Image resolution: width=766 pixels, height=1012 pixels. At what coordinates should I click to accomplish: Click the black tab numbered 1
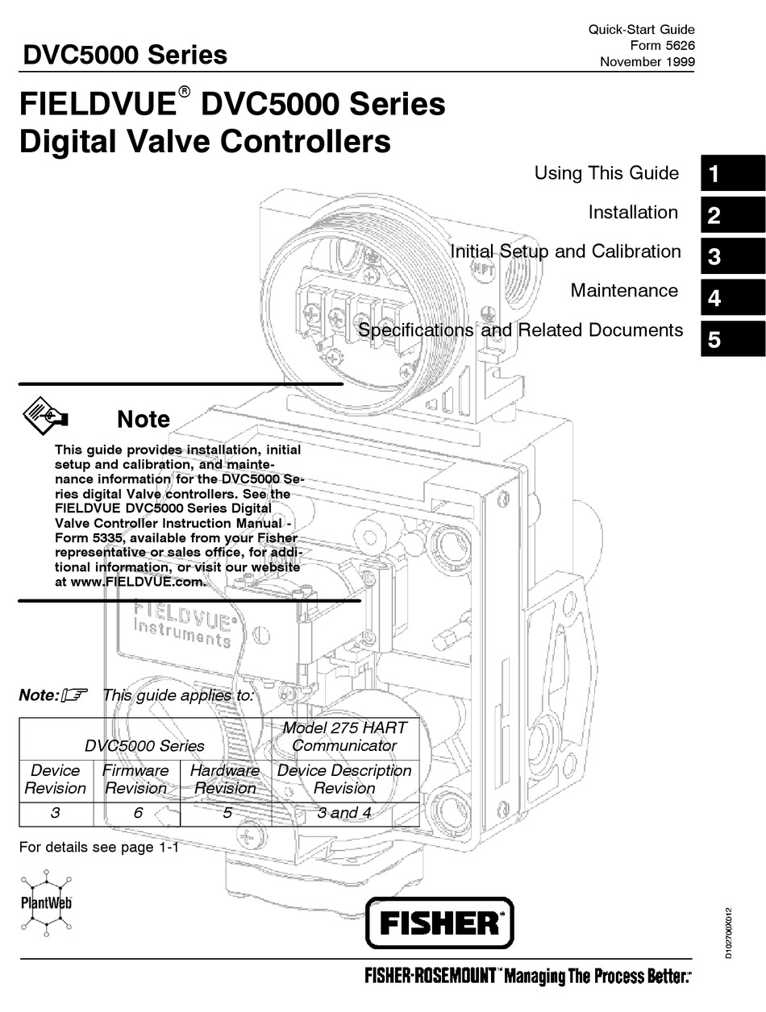coord(732,174)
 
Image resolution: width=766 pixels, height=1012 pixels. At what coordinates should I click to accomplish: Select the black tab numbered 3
coord(732,257)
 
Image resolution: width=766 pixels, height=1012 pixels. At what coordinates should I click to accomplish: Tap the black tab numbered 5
coord(732,339)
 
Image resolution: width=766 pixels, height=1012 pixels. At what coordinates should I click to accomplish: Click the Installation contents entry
coord(633,213)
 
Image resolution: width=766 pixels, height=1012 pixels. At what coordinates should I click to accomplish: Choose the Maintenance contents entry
coord(623,290)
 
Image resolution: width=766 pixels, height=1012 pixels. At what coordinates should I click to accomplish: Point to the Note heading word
coord(144,419)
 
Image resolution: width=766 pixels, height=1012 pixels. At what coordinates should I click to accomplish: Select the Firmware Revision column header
coord(136,779)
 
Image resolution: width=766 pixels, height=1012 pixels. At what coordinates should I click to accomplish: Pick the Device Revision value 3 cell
coord(55,813)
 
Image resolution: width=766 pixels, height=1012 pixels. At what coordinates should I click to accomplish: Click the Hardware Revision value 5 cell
coord(227,813)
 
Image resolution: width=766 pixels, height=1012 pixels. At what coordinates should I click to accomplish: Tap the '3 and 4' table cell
coord(344,813)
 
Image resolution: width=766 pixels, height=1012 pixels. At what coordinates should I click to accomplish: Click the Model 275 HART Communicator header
coord(344,736)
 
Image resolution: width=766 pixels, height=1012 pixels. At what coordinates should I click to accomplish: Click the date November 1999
coord(647,62)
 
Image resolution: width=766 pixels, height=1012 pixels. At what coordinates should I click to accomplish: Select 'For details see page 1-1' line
coord(98,848)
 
